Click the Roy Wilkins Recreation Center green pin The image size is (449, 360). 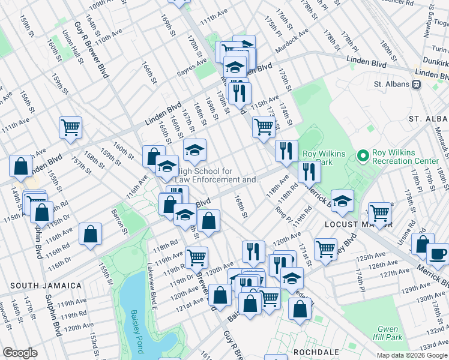tap(362, 157)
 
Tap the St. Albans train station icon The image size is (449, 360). tap(415, 85)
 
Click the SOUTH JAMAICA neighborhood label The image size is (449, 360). tap(46, 285)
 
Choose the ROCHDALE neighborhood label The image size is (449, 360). tap(316, 352)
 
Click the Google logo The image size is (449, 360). tap(20, 353)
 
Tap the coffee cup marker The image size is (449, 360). tap(438, 254)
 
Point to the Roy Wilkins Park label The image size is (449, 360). tap(324, 158)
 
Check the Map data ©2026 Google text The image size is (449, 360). tap(411, 355)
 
